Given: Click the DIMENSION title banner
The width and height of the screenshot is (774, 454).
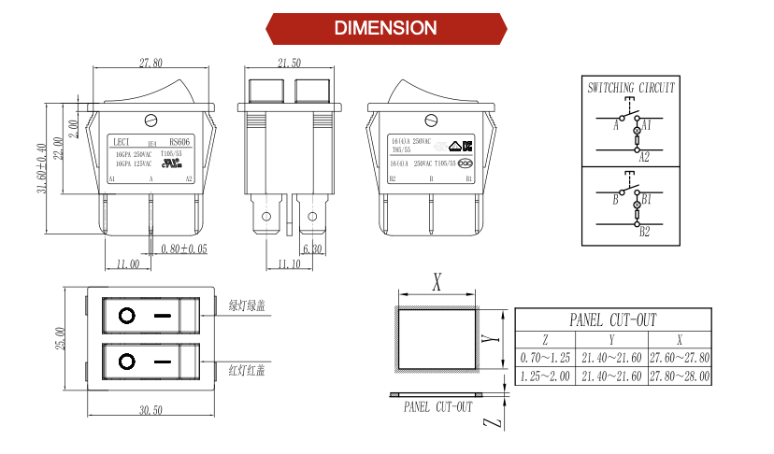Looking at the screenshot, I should point(385,28).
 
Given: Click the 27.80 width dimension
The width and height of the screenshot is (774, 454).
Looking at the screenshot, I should point(150,63).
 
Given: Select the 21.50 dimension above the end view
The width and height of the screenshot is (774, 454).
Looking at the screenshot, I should point(289,63).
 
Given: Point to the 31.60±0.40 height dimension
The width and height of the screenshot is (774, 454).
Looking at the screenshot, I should point(42,167).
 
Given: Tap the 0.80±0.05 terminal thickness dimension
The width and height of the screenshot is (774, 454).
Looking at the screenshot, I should point(183,248).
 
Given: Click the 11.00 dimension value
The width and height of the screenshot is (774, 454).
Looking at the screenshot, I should point(128,264).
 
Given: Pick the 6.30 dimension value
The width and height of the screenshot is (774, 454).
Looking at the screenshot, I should point(311,248).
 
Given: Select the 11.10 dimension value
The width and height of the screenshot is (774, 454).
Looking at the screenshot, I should point(290,264).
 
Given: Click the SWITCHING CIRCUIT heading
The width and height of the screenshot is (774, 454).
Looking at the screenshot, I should point(632,88).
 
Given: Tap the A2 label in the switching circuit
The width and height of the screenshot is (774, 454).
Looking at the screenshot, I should point(644,158).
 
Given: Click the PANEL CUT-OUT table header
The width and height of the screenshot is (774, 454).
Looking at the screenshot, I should point(612,319).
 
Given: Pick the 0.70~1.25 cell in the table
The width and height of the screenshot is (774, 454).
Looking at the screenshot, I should point(546,359).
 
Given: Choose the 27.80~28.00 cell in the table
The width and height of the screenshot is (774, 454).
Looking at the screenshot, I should point(680,376).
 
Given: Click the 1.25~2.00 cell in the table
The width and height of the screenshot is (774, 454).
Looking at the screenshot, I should point(546,376).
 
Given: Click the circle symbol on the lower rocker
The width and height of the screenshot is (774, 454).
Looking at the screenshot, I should point(125,361).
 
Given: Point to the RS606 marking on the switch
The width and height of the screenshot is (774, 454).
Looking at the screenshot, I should point(179,141).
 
